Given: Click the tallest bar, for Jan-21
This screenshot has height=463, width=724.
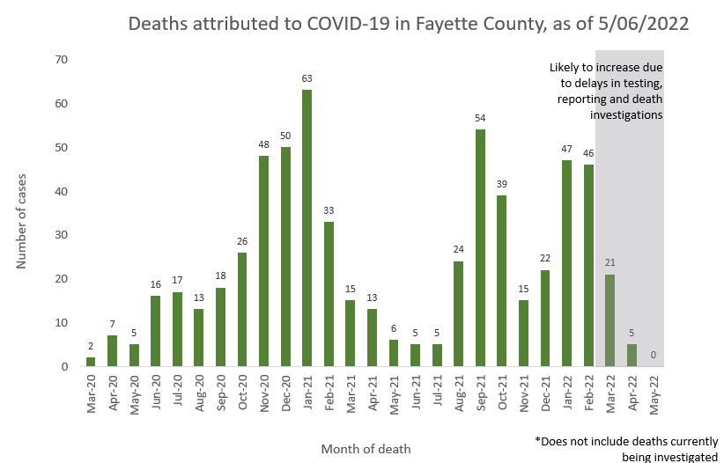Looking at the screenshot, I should (307, 228).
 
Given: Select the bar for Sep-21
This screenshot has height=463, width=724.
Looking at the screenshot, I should (480, 247).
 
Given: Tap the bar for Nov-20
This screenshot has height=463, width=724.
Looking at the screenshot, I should (263, 261).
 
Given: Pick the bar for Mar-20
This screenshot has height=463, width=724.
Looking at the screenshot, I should (91, 362).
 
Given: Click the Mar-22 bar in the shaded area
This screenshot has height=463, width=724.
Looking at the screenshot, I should (609, 320).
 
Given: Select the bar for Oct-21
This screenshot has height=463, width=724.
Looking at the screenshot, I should (501, 281).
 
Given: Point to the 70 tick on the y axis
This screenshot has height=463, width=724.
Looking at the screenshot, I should (62, 60).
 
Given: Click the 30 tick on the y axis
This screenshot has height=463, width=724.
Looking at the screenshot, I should (62, 235).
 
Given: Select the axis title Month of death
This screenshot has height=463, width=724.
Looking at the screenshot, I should (366, 449).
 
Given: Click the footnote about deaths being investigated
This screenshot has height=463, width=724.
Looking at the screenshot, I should (627, 447).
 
